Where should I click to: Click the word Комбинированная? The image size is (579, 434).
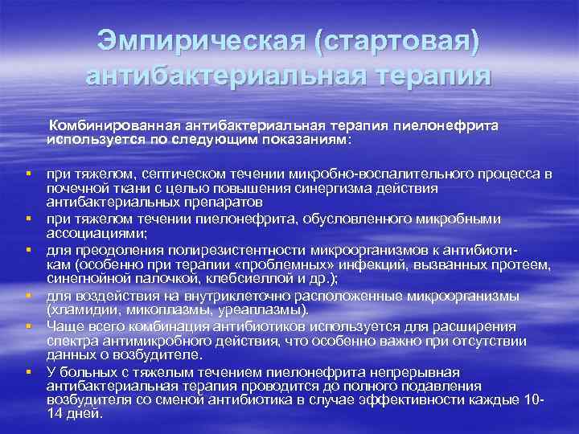coord(113,126)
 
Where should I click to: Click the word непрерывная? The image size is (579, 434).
coord(414,372)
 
